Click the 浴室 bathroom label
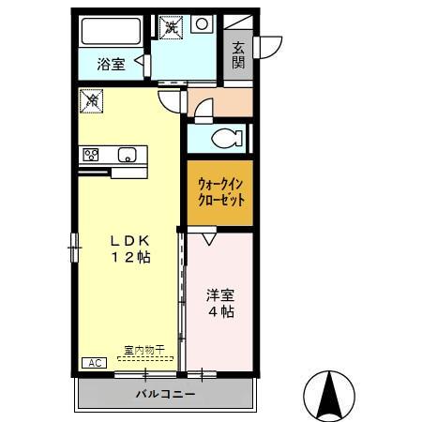[x=112, y=65]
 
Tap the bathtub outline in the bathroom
[x=111, y=31]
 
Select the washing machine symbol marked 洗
[x=170, y=25]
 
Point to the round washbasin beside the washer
[x=201, y=25]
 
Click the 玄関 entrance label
[x=238, y=54]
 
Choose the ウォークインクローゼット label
[x=220, y=192]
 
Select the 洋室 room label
[x=221, y=294]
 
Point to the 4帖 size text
[x=221, y=312]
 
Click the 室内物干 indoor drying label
[x=143, y=351]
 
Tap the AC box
[x=94, y=363]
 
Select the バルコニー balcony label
[x=164, y=395]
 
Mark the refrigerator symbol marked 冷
[x=91, y=98]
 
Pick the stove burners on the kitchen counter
[x=91, y=155]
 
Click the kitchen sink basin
[x=126, y=155]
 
